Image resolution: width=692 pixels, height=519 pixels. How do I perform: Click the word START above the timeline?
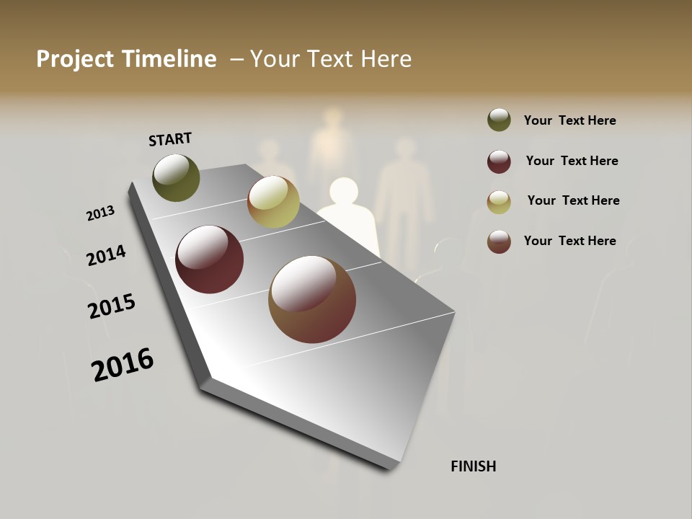[x=170, y=139]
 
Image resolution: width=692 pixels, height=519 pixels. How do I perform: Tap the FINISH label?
[x=474, y=466]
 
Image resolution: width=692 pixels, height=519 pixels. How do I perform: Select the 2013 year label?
[x=101, y=213]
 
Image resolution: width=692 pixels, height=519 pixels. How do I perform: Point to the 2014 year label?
[x=107, y=256]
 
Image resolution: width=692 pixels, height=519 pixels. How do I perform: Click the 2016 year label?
[x=123, y=365]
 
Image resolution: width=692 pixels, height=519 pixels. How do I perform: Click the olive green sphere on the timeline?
[x=176, y=177]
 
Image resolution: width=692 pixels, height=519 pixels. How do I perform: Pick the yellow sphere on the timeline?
[x=273, y=202]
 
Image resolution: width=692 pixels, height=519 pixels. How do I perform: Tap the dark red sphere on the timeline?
[x=209, y=259]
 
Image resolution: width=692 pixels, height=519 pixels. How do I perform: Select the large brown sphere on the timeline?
[x=312, y=299]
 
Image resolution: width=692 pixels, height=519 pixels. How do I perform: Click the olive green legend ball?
[x=499, y=120]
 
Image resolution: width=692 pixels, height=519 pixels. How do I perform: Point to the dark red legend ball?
[x=499, y=161]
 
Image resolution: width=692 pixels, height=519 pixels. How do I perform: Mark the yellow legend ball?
[x=499, y=202]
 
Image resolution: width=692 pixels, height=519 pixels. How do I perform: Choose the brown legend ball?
[x=499, y=241]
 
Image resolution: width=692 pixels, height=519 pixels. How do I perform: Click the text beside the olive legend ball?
[x=569, y=120]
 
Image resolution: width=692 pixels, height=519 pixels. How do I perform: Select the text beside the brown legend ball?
[x=569, y=241]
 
